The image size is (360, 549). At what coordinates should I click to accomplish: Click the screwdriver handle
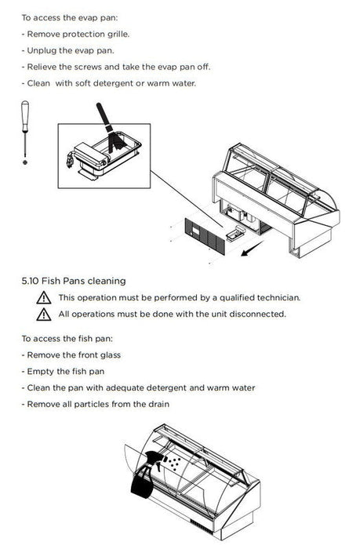click(x=25, y=116)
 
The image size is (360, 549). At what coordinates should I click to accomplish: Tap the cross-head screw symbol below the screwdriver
click(x=25, y=162)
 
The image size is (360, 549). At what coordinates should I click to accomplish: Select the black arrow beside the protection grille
click(x=252, y=249)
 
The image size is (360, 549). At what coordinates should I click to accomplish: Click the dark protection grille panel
click(x=205, y=236)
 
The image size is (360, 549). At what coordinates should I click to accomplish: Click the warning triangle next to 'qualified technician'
click(x=44, y=297)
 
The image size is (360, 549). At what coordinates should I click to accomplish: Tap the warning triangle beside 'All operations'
click(x=44, y=314)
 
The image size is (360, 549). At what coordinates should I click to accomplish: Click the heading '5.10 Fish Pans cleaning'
click(x=74, y=281)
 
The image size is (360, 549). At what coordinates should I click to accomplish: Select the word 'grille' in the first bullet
click(x=118, y=35)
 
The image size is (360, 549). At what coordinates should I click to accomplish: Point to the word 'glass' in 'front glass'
click(x=111, y=355)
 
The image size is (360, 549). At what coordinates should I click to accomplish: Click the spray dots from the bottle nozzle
click(x=174, y=463)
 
